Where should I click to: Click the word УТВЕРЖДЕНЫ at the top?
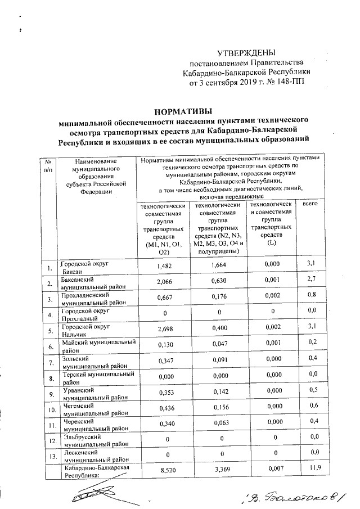[x=247, y=52]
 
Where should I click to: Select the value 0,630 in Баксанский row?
[x=217, y=283]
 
